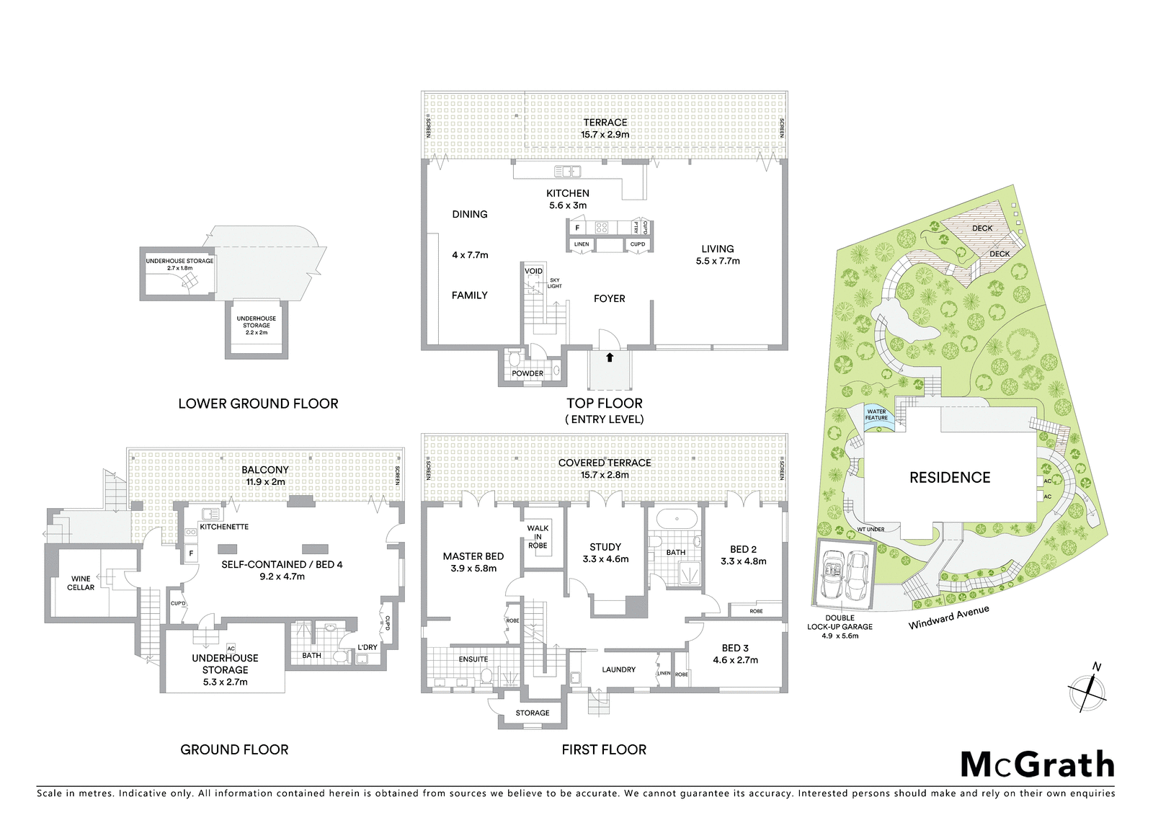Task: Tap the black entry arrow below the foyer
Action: coord(610,357)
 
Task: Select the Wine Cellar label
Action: coord(81,583)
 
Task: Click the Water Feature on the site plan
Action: coord(876,415)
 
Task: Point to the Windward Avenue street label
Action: coord(948,618)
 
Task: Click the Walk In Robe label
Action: coord(538,536)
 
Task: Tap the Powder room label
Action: coord(527,373)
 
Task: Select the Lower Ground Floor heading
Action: coord(258,404)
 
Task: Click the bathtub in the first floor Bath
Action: coord(677,518)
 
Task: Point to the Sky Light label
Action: coord(554,283)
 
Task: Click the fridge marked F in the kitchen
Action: coord(577,228)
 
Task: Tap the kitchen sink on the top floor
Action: coord(567,172)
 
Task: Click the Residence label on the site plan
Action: coord(950,478)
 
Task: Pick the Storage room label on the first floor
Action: coord(533,713)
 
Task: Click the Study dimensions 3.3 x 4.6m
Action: coord(605,558)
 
